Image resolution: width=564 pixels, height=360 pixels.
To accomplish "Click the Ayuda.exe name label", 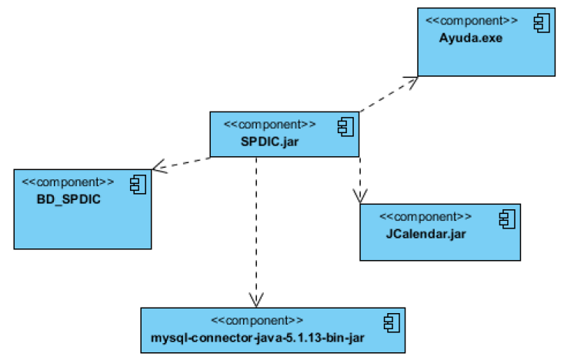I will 470,38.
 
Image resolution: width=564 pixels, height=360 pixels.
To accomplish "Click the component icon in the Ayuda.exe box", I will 542,23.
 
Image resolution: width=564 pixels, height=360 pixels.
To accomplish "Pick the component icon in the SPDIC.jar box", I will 345,125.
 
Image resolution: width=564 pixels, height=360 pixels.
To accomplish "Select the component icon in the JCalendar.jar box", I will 507,218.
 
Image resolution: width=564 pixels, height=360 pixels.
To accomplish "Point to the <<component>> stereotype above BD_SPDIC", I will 68,182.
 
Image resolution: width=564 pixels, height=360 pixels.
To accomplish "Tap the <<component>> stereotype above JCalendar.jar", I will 426,217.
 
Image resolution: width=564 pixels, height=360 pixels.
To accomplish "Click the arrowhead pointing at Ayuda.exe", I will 412,80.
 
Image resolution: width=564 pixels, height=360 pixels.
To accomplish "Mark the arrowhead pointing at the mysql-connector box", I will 257,301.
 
